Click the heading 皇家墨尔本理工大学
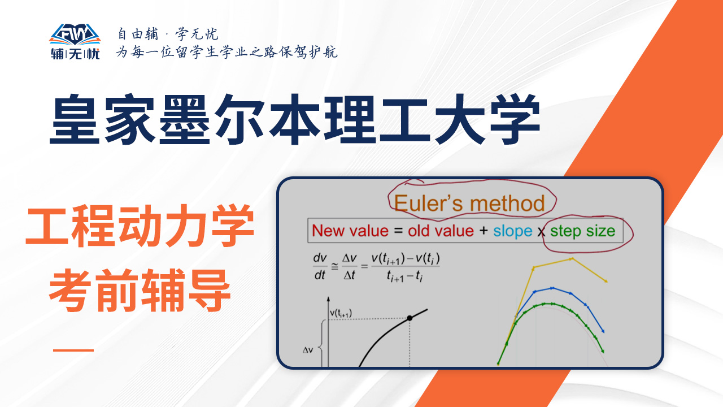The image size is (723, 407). pyautogui.click(x=295, y=119)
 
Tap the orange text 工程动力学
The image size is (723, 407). pyautogui.click(x=140, y=226)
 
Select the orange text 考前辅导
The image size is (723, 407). pyautogui.click(x=140, y=291)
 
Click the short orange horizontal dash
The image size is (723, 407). pyautogui.click(x=73, y=350)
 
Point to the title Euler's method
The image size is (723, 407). pyautogui.click(x=469, y=203)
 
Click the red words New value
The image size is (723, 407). pyautogui.click(x=350, y=231)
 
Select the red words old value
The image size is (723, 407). pyautogui.click(x=441, y=231)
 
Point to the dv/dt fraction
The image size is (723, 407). pyautogui.click(x=320, y=267)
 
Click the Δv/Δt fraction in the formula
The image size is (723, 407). pyautogui.click(x=349, y=267)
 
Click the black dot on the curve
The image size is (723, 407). pyautogui.click(x=410, y=318)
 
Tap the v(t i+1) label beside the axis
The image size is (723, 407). pyautogui.click(x=341, y=313)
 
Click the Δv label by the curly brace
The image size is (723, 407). pyautogui.click(x=308, y=350)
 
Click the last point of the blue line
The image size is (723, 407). pyautogui.click(x=603, y=331)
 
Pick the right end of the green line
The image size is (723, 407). pyautogui.click(x=603, y=351)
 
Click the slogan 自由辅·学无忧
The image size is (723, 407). pyautogui.click(x=168, y=34)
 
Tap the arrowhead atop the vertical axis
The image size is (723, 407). pyautogui.click(x=328, y=299)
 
